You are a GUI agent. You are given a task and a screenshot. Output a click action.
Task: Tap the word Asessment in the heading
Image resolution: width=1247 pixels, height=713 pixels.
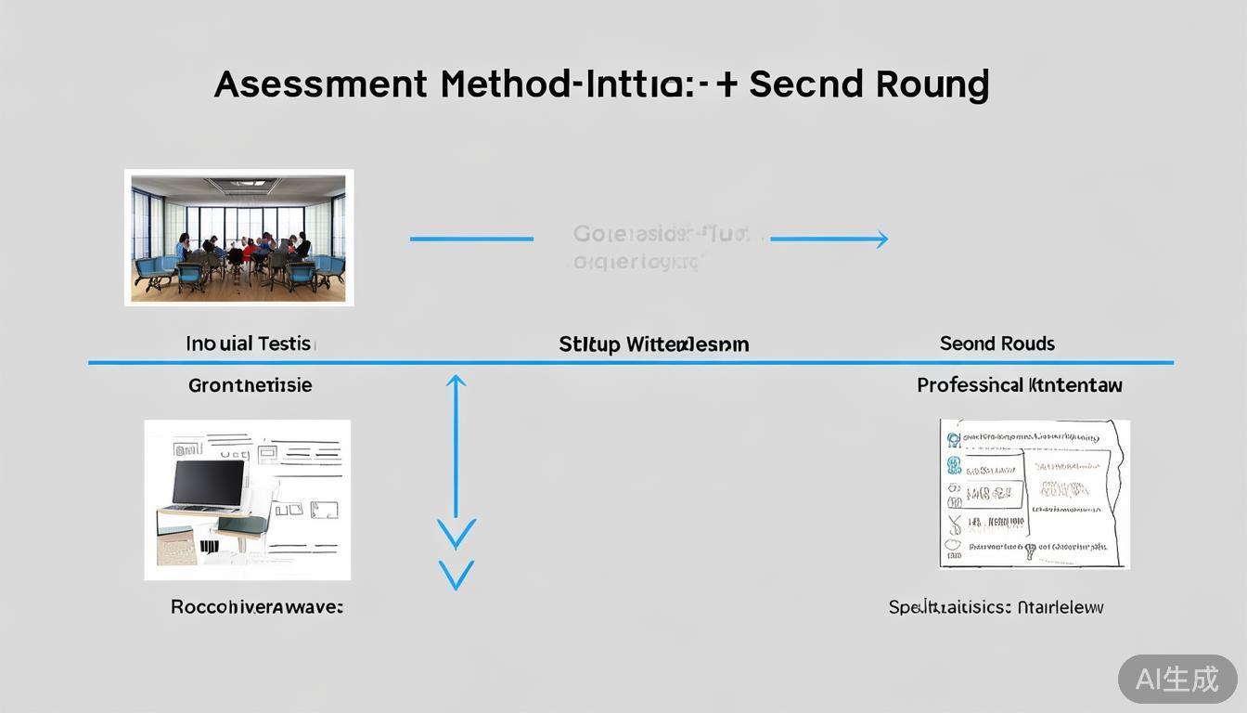click(x=321, y=84)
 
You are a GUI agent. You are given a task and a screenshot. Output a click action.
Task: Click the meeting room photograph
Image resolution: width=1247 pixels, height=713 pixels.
click(x=239, y=238)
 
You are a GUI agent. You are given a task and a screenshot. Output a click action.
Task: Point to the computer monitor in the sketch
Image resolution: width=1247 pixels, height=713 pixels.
click(x=209, y=484)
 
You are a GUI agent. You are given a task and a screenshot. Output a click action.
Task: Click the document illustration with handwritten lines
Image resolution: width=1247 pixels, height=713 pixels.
click(x=1034, y=493)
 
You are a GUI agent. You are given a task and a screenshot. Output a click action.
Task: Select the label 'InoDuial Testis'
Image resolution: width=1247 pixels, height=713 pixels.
click(x=250, y=344)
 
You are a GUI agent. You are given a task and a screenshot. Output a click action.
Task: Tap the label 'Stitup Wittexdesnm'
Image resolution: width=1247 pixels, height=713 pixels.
click(x=653, y=344)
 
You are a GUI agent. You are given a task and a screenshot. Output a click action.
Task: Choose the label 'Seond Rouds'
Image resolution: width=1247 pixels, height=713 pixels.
click(x=996, y=344)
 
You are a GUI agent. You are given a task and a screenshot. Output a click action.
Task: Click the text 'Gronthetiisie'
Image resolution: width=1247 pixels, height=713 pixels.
click(x=250, y=384)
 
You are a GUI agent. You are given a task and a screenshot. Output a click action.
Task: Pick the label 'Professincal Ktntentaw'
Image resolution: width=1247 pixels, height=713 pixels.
click(x=1019, y=384)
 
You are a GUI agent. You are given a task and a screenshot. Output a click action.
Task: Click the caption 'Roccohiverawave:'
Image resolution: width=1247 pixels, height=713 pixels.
click(x=257, y=607)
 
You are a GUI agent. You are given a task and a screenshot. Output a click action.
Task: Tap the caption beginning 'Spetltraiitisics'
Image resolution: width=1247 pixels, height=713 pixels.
click(x=996, y=607)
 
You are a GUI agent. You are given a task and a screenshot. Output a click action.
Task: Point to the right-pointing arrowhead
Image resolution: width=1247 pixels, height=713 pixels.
click(x=880, y=240)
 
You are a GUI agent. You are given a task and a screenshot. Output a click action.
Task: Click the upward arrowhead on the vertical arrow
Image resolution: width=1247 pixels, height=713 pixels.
click(x=456, y=381)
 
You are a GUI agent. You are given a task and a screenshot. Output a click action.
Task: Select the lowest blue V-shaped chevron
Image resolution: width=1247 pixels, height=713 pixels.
click(x=456, y=575)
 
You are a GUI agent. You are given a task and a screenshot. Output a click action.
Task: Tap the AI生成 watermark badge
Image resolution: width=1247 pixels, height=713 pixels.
click(x=1177, y=679)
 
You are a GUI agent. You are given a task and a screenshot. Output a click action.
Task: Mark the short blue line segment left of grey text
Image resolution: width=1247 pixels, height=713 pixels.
click(x=471, y=240)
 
